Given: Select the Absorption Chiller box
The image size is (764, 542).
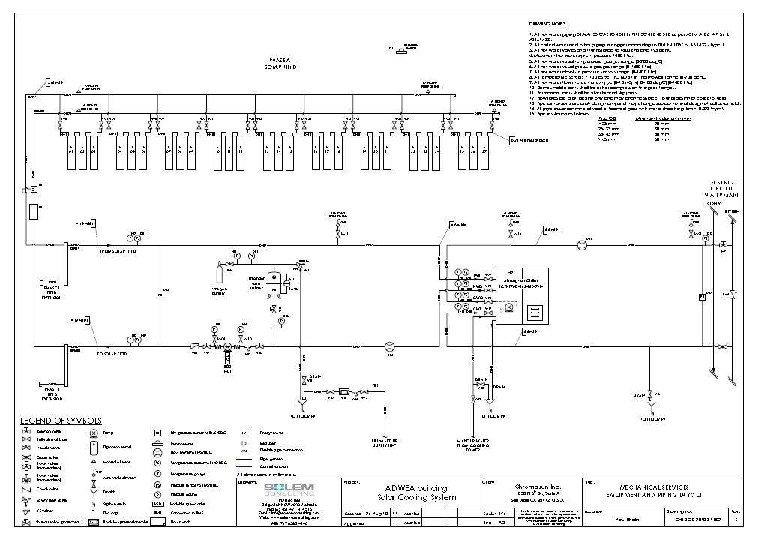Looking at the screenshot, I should pyautogui.click(x=517, y=292).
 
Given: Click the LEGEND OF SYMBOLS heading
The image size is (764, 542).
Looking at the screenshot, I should pyautogui.click(x=61, y=421).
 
